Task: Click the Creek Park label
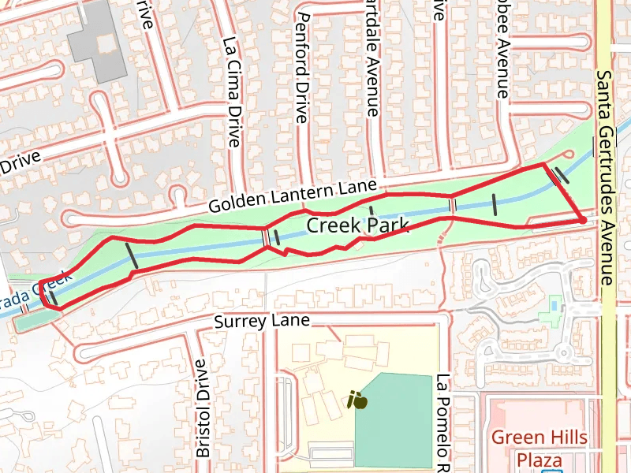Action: [x=357, y=226]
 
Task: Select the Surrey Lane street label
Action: [x=262, y=321]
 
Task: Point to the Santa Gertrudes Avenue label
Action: [x=604, y=177]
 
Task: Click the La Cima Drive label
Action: [x=231, y=92]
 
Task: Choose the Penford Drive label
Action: [x=301, y=67]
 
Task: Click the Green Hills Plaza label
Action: [x=540, y=448]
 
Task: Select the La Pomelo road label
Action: [x=442, y=422]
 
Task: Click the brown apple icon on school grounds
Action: [x=357, y=400]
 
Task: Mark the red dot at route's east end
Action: [x=582, y=220]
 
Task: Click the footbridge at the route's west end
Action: [x=51, y=299]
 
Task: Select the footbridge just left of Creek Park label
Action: [x=267, y=236]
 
